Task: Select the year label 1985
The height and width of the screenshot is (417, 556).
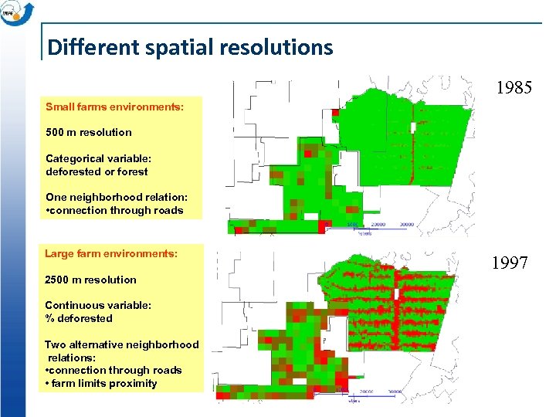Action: pos(514,88)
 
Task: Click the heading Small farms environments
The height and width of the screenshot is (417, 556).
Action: pos(114,107)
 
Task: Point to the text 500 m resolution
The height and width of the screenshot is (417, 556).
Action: pos(89,132)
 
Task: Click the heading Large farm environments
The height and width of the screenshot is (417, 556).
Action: pos(111,253)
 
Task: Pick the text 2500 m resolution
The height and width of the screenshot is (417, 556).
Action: pos(90,280)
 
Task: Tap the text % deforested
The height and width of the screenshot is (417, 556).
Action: pos(79,318)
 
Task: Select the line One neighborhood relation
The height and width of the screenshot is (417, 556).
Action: pos(114,197)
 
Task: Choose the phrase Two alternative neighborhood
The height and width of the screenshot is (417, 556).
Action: pos(121,344)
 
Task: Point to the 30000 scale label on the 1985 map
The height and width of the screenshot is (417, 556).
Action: pos(408,225)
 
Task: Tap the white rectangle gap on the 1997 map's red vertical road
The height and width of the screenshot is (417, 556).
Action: pos(396,294)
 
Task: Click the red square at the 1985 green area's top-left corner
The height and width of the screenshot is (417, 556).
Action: pos(335,113)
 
